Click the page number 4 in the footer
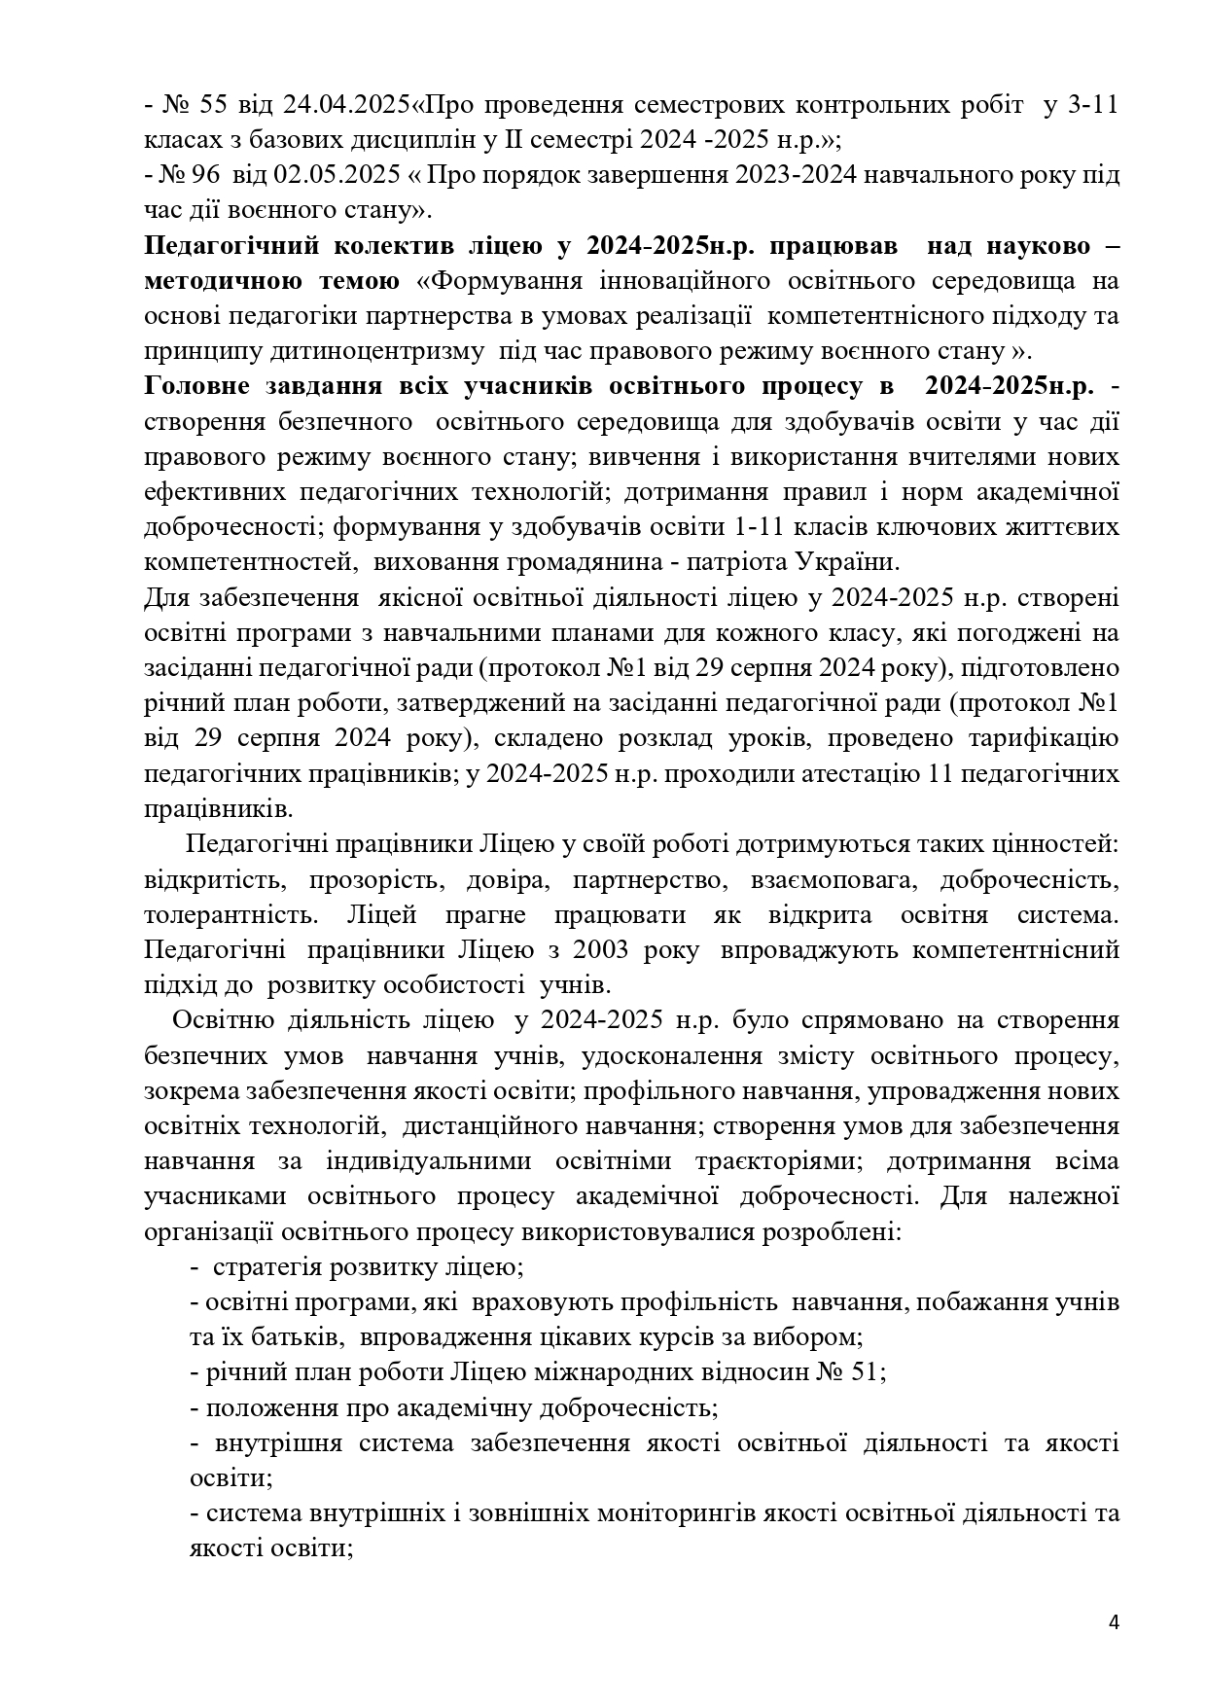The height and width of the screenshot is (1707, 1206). click(1114, 1622)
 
